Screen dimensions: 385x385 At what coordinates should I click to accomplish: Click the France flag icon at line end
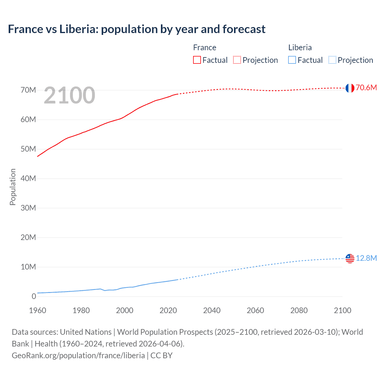point(350,88)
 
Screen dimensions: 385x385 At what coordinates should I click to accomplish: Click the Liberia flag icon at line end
point(350,258)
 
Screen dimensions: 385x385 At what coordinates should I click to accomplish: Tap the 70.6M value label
point(366,88)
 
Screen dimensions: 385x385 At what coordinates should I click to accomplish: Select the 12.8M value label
point(366,258)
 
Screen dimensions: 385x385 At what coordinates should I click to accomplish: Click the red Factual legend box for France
point(197,60)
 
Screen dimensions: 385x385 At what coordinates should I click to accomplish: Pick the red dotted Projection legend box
point(237,60)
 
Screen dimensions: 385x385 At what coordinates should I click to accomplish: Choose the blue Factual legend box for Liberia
point(292,60)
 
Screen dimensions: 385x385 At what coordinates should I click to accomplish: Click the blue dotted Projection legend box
point(332,60)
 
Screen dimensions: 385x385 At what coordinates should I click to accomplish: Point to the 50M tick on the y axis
point(28,149)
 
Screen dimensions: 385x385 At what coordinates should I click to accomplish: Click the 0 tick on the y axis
point(34,297)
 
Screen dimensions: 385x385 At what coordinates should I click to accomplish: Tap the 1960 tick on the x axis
point(38,310)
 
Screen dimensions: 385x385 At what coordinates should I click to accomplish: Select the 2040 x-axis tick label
point(212,310)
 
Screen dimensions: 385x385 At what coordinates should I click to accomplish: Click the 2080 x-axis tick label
point(299,310)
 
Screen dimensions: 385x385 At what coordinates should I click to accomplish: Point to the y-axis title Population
point(13,187)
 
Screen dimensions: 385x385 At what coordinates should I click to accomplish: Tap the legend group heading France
point(205,48)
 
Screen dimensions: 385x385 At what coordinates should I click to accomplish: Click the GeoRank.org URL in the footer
point(78,356)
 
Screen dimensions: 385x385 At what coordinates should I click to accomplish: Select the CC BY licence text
point(162,356)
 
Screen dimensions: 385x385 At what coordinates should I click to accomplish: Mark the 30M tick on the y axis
point(28,208)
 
